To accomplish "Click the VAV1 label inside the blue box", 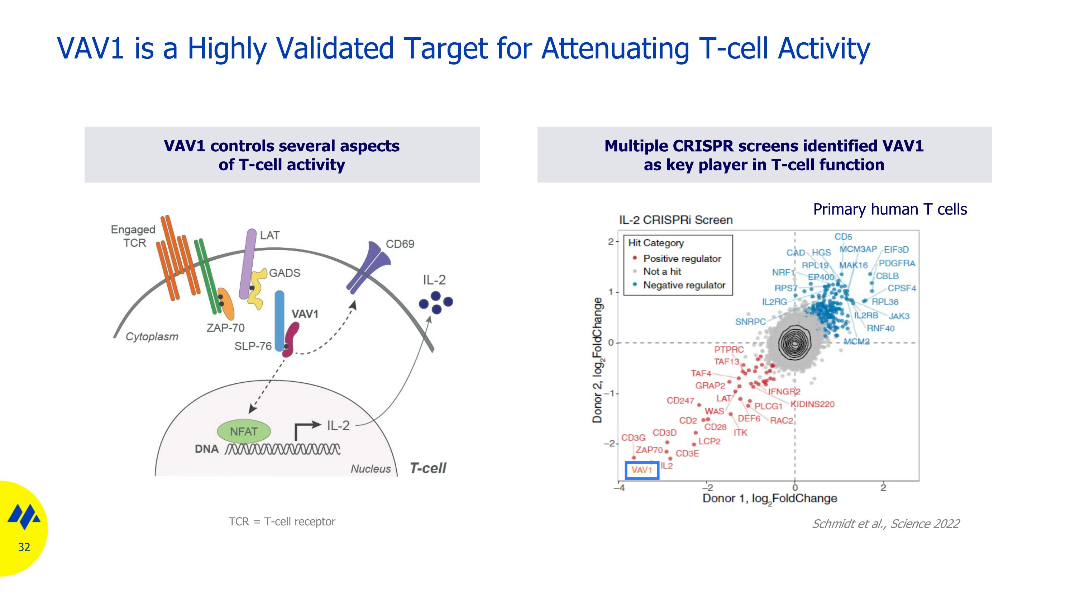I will (x=641, y=470).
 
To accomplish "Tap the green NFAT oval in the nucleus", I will (x=244, y=431).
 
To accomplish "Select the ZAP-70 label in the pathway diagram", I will (x=225, y=328).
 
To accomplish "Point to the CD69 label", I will (x=400, y=244).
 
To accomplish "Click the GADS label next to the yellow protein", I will (x=285, y=273).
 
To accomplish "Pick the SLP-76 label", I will (x=253, y=346).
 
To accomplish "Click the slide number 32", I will (x=24, y=547).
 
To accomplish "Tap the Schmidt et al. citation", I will (x=885, y=524).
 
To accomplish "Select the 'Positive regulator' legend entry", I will (x=682, y=259).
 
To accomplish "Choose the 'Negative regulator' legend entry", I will (x=684, y=285).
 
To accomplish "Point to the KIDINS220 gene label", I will (x=812, y=404).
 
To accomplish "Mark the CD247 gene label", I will (x=680, y=401).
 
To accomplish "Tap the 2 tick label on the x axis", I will (x=883, y=488).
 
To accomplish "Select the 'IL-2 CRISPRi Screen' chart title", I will (x=675, y=220).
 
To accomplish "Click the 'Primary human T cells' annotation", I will (x=890, y=209).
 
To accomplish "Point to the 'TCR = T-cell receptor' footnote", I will (x=282, y=521).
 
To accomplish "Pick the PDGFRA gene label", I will (x=897, y=264).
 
